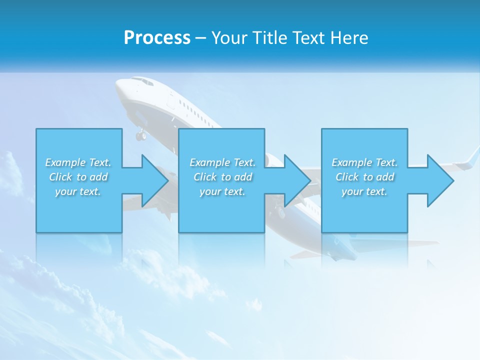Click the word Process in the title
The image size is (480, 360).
[x=157, y=37]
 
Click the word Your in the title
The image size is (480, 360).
[x=230, y=37]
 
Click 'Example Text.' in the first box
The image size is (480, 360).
[x=78, y=162]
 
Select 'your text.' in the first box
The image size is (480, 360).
[x=78, y=191]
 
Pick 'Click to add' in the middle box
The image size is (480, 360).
[x=222, y=177]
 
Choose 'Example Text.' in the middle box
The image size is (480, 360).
[x=222, y=162]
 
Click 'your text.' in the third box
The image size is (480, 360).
[x=364, y=191]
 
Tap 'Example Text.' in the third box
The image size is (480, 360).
[x=364, y=162]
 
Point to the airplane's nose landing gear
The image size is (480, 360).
[x=141, y=134]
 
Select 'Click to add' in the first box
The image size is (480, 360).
[x=78, y=177]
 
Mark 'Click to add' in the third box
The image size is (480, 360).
[x=364, y=177]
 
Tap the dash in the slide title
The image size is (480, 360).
[x=200, y=38]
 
